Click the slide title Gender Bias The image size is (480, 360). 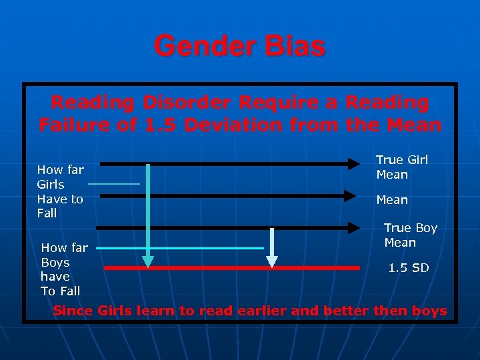pos(239,47)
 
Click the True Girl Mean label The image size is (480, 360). pos(401,167)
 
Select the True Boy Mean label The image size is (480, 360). pos(410,235)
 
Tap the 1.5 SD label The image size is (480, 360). pos(409,268)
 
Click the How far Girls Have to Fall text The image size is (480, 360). pos(60,191)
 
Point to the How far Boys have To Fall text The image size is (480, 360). pos(64,269)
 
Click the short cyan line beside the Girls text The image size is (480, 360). pos(114,183)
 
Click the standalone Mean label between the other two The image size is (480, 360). pos(392,200)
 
